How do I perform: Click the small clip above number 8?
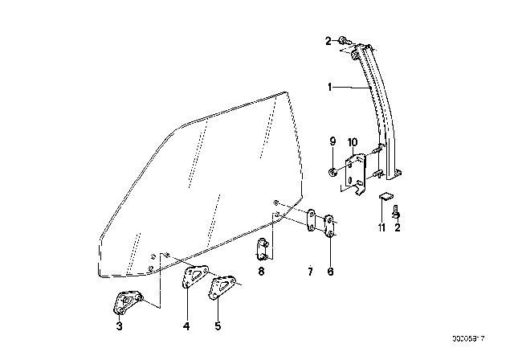pos(261,249)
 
